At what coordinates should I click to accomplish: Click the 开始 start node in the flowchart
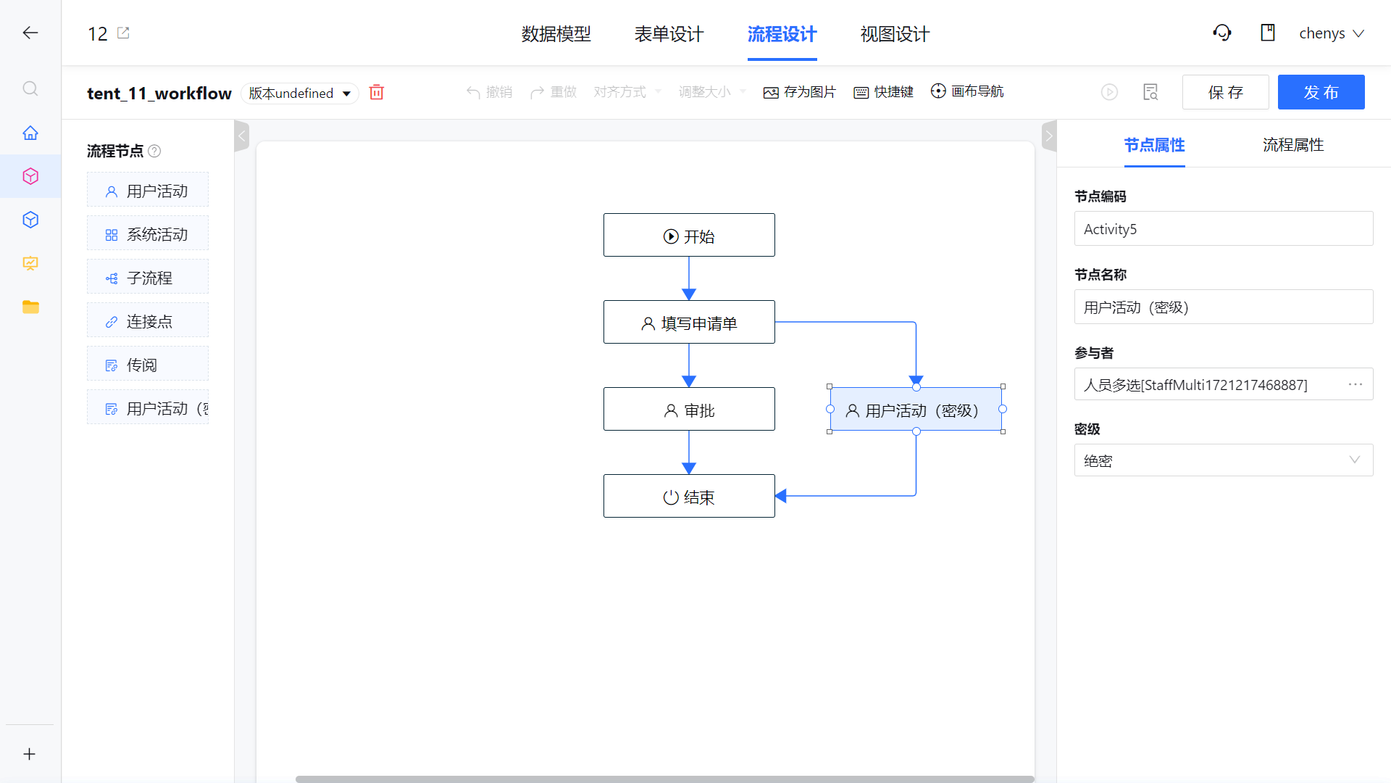pyautogui.click(x=689, y=235)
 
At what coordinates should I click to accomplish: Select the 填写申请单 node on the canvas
pyautogui.click(x=689, y=322)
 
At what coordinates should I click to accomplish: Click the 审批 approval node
pyautogui.click(x=689, y=409)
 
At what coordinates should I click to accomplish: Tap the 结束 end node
pyautogui.click(x=689, y=496)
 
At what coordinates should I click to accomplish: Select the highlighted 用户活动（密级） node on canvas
pyautogui.click(x=916, y=409)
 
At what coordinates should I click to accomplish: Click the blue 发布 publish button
pyautogui.click(x=1321, y=92)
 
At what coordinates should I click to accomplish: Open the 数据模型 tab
pyautogui.click(x=556, y=34)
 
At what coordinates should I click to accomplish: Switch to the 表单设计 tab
pyautogui.click(x=669, y=34)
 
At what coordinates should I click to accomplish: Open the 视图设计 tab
pyautogui.click(x=895, y=34)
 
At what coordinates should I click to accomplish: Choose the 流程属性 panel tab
pyautogui.click(x=1293, y=145)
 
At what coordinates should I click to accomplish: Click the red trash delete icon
pyautogui.click(x=377, y=92)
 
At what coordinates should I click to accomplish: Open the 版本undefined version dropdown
pyautogui.click(x=300, y=93)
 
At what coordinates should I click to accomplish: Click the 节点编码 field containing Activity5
pyautogui.click(x=1224, y=228)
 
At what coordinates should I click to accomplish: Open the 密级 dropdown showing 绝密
pyautogui.click(x=1224, y=460)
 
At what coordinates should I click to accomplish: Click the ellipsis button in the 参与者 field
pyautogui.click(x=1356, y=384)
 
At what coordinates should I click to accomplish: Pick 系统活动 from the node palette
pyautogui.click(x=148, y=233)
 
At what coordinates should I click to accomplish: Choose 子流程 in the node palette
pyautogui.click(x=148, y=277)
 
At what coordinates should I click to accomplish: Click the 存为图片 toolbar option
pyautogui.click(x=800, y=92)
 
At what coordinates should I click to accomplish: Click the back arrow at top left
pyautogui.click(x=30, y=33)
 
